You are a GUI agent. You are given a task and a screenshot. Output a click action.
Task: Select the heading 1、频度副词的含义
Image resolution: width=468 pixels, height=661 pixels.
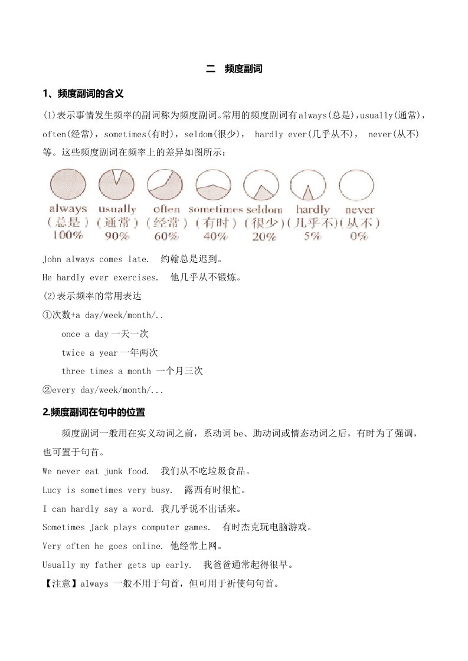(83, 94)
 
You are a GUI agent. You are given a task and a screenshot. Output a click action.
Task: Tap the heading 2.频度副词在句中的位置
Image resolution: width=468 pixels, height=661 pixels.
(94, 412)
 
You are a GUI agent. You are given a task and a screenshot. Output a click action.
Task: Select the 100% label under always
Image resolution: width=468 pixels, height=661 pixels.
(67, 236)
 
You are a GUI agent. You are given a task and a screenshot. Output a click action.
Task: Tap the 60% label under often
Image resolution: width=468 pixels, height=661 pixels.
(166, 236)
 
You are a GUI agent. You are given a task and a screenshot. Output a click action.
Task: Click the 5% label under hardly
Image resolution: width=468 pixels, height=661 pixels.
(313, 236)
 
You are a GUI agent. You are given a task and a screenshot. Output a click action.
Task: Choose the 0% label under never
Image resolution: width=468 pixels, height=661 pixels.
(359, 236)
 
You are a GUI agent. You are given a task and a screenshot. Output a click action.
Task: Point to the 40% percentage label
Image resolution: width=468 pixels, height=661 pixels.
(215, 236)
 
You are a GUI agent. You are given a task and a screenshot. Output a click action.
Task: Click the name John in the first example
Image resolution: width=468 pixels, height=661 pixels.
(52, 259)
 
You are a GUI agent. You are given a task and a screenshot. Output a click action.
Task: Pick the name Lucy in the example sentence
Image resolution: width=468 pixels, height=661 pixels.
(52, 490)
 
